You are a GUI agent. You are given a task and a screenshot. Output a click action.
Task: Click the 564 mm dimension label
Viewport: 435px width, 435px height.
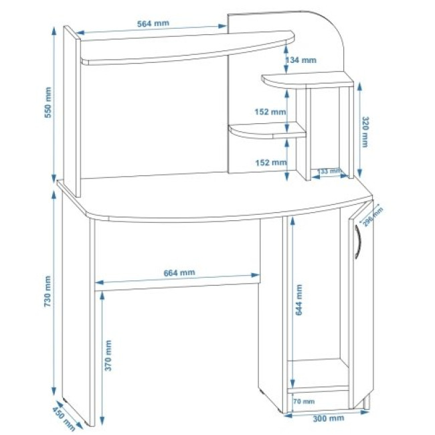click(153, 23)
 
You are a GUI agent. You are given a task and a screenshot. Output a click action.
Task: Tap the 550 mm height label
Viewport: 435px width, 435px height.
click(48, 102)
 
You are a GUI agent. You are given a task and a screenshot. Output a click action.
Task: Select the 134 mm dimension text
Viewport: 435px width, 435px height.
click(301, 60)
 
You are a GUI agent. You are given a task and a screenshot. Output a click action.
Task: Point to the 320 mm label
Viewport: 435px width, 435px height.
click(365, 132)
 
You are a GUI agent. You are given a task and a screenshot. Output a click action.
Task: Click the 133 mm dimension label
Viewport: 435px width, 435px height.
click(329, 171)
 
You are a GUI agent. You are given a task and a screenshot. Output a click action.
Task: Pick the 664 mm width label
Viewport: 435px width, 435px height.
click(179, 273)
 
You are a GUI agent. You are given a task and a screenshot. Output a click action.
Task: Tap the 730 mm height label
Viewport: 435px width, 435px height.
click(48, 291)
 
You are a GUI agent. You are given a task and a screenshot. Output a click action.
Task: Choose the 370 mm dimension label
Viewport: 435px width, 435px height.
click(108, 355)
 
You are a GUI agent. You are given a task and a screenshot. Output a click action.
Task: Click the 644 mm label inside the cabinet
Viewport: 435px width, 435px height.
click(298, 300)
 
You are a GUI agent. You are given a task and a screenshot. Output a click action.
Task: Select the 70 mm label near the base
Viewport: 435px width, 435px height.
click(304, 401)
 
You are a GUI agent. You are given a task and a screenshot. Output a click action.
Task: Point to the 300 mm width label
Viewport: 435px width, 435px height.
click(329, 418)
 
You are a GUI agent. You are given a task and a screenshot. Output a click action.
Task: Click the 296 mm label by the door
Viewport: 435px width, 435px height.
click(373, 216)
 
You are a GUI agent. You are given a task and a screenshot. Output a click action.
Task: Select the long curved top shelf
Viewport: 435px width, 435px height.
click(187, 48)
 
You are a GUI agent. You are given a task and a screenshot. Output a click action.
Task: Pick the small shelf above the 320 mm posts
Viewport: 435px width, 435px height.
click(308, 80)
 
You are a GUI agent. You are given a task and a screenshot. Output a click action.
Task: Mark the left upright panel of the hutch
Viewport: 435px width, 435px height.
click(72, 111)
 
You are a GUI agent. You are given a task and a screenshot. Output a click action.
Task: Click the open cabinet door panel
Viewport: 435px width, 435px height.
click(361, 305)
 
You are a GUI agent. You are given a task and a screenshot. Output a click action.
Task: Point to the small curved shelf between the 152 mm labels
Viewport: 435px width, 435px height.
click(268, 130)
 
